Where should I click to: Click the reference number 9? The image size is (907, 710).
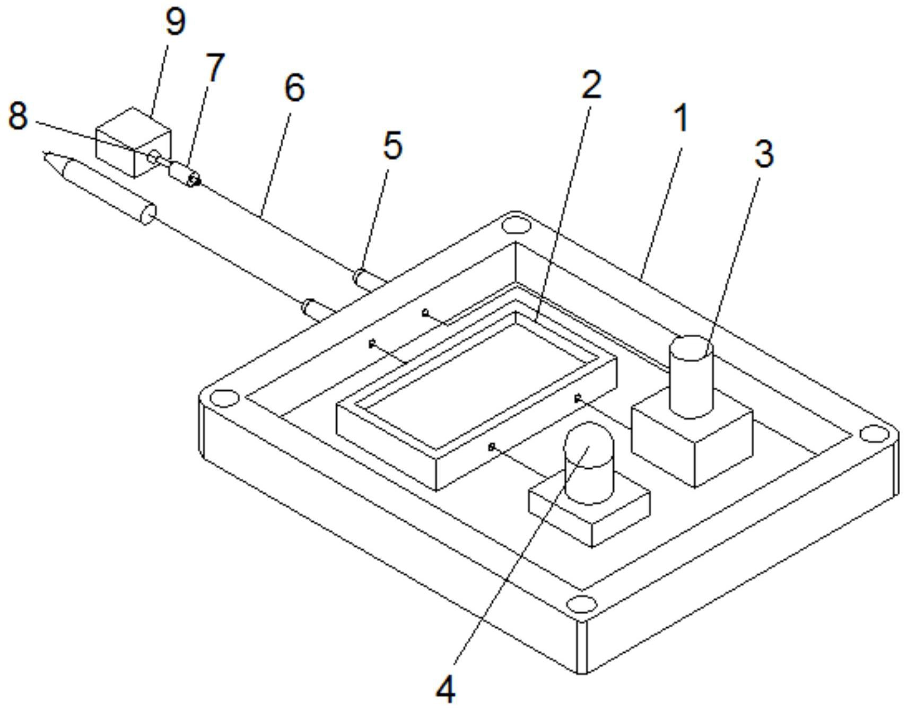(176, 22)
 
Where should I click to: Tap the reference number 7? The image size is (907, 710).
(214, 68)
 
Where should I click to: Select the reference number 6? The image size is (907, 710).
(294, 87)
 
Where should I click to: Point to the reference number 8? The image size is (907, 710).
(18, 116)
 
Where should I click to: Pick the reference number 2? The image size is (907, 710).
(591, 85)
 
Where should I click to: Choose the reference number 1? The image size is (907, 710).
(681, 118)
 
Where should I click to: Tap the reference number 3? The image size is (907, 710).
(764, 154)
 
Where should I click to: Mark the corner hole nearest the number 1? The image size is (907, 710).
(516, 225)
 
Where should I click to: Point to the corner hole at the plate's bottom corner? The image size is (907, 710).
(581, 603)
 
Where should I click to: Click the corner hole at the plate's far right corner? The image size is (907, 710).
(874, 434)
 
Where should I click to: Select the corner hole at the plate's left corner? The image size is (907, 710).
(224, 397)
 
